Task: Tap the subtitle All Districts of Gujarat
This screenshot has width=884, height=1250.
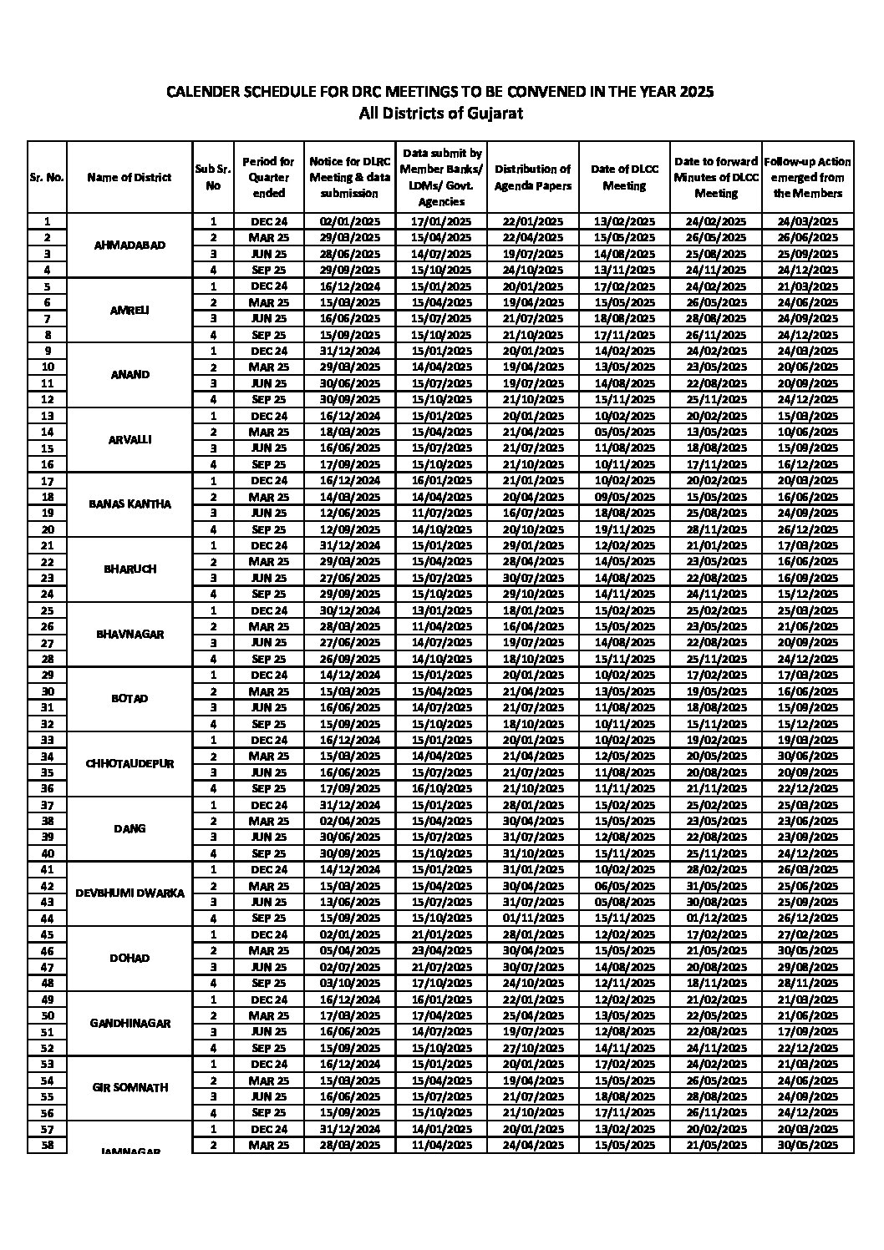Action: [x=440, y=114]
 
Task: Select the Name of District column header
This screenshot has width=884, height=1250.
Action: [x=129, y=177]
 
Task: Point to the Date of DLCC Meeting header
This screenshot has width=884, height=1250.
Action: [x=624, y=177]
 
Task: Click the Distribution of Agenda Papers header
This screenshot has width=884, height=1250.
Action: [x=532, y=177]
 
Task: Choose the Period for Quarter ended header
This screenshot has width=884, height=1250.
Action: [x=268, y=177]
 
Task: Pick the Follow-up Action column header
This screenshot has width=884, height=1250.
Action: [x=807, y=177]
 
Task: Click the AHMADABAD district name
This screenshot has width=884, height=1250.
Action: [x=130, y=245]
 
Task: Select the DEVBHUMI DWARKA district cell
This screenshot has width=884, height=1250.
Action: [x=130, y=893]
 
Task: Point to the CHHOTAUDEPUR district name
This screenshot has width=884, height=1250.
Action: [x=130, y=763]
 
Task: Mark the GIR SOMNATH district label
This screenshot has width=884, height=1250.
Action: [x=130, y=1087]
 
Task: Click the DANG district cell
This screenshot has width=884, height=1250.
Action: [x=130, y=828]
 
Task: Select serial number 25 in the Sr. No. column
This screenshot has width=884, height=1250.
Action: [x=47, y=610]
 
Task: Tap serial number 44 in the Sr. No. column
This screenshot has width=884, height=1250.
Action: [x=47, y=918]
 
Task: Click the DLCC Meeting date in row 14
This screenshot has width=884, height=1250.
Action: [x=624, y=433]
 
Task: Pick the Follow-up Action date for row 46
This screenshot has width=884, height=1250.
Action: [x=807, y=950]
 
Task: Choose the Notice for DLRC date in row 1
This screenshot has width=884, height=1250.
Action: [x=349, y=222]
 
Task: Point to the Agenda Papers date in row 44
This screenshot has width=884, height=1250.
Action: [x=532, y=918]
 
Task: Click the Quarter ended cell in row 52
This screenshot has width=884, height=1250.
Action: [x=268, y=1048]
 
